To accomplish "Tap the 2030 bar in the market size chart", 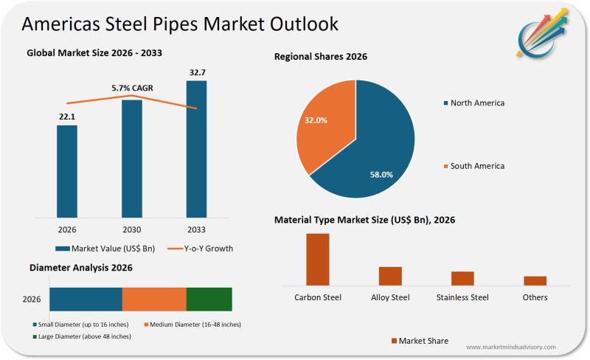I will tap(132, 159).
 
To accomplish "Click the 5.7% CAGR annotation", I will tap(133, 88).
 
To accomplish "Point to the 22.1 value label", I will tap(67, 116).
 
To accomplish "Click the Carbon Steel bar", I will tap(318, 259).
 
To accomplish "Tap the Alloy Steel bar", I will tap(390, 275).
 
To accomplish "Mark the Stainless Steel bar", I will tap(462, 278).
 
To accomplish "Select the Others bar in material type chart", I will tap(535, 280).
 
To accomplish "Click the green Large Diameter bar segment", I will tap(209, 300).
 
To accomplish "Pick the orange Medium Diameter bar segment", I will tap(154, 300).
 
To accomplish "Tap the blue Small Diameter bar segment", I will tap(86, 300).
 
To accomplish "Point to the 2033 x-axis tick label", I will tap(196, 229).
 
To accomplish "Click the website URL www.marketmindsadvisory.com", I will tap(511, 347).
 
